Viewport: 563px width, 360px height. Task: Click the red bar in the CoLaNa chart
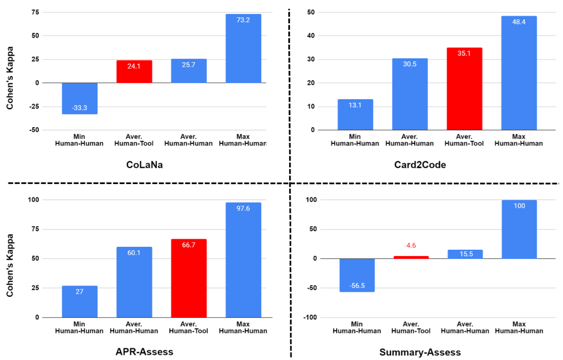(x=134, y=71)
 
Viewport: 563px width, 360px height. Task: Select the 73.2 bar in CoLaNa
(x=243, y=48)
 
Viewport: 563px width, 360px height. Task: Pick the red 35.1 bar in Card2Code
(x=464, y=89)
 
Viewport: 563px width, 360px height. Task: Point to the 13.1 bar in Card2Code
(x=355, y=115)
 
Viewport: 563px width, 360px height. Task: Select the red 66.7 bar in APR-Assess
(x=189, y=278)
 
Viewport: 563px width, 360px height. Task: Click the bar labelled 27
(x=80, y=302)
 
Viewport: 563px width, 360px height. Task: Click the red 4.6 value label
(x=411, y=246)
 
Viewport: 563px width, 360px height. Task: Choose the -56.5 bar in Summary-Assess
(x=357, y=275)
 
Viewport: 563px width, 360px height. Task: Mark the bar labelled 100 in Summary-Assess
(x=519, y=230)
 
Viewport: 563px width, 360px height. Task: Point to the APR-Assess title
(x=144, y=352)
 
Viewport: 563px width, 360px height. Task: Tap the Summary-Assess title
(x=420, y=352)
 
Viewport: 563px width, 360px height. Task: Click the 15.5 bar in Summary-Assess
(x=464, y=254)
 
